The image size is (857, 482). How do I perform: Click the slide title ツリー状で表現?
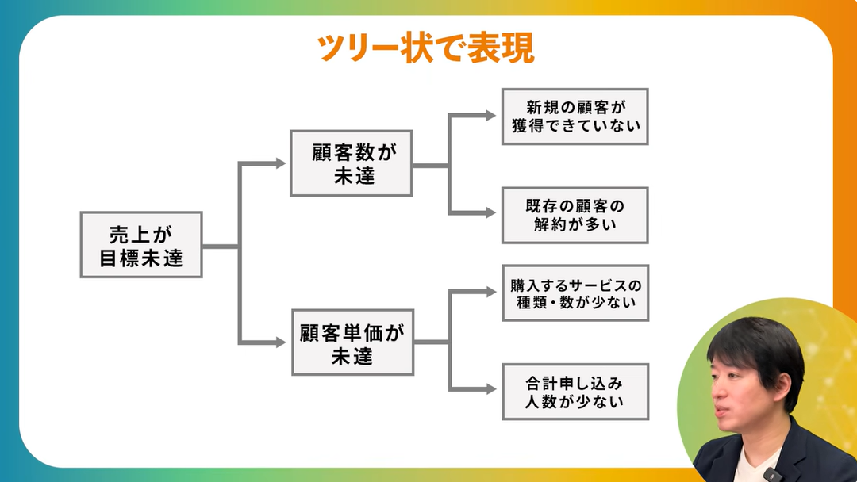[x=425, y=48]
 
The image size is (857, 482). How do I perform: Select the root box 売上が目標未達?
[x=141, y=245]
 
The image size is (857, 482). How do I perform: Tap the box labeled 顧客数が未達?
[x=351, y=163]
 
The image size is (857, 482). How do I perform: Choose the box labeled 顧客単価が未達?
[x=352, y=342]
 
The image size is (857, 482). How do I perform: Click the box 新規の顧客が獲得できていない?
[x=575, y=116]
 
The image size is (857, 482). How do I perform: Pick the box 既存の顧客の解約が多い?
[x=575, y=215]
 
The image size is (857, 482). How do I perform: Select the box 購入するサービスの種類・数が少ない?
[x=575, y=293]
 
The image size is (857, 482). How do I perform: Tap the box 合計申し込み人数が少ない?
[x=575, y=392]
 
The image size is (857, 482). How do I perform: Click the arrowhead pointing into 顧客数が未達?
[x=280, y=163]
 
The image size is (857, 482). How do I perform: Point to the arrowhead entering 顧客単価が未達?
[x=280, y=342]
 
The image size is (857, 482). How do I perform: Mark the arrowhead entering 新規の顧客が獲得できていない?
[x=492, y=116]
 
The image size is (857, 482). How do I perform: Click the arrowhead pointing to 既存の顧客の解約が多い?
[x=492, y=214]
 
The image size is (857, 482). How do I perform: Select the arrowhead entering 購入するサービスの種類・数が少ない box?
[x=492, y=293]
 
